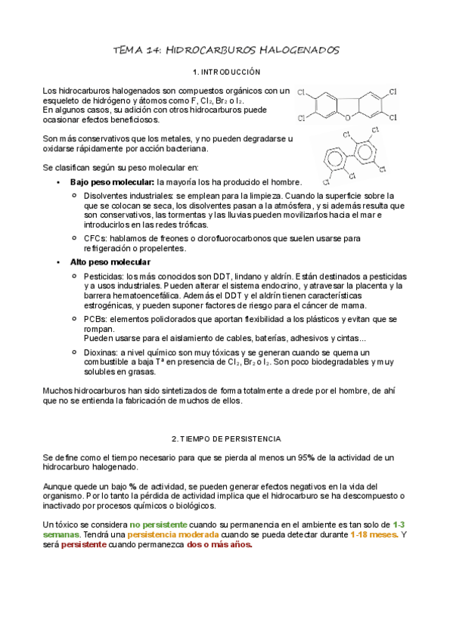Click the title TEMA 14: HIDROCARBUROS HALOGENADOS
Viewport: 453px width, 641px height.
coord(226,50)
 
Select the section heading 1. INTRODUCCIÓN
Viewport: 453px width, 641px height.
coord(226,72)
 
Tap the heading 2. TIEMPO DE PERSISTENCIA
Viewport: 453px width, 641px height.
coord(226,438)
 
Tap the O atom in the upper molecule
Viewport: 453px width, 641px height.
coord(346,118)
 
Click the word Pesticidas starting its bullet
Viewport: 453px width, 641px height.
coord(104,276)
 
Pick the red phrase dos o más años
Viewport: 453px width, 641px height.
coord(219,545)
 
